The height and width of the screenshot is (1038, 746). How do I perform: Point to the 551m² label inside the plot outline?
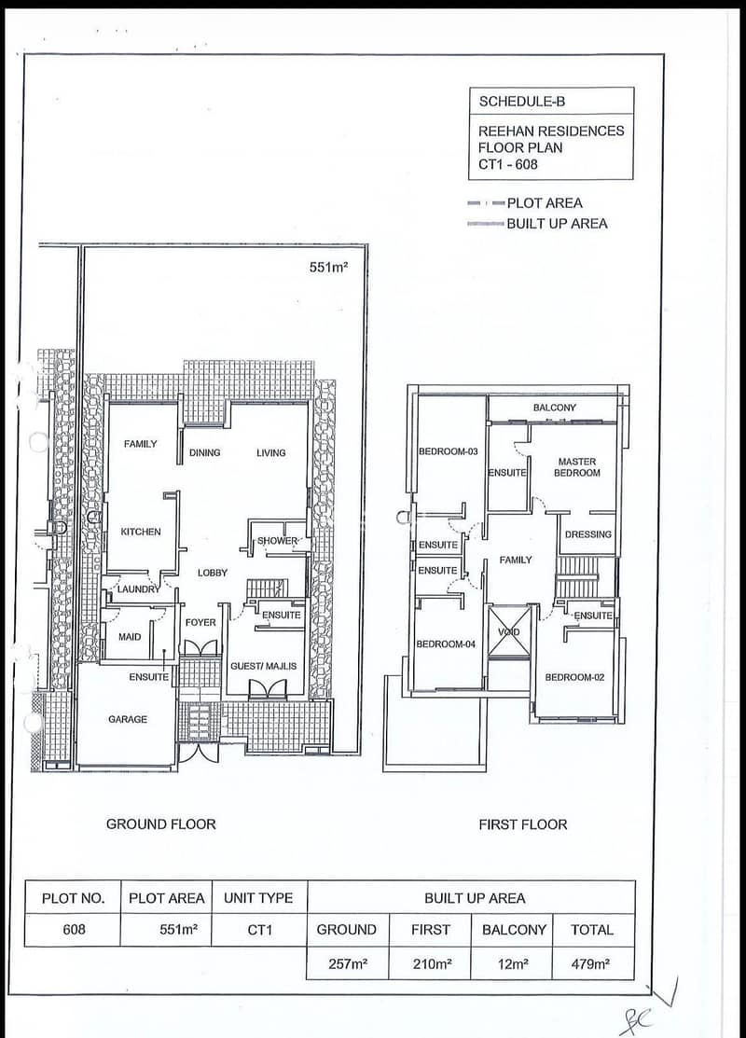point(328,268)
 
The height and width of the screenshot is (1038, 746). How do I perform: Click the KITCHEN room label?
point(140,532)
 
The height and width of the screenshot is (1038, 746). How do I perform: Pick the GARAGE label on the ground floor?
point(128,719)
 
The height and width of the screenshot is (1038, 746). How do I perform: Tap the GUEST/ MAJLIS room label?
point(264,666)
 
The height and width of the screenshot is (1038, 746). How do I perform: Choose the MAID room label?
point(130,637)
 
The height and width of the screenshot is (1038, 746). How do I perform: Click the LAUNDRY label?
point(138,589)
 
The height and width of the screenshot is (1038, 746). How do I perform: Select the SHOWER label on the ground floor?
point(277,540)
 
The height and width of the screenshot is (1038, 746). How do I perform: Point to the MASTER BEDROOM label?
point(577,467)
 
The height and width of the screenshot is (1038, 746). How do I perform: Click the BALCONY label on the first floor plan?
point(555,408)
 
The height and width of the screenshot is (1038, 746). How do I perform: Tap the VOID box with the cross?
point(509,632)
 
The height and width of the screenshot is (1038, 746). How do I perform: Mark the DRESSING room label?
point(588,534)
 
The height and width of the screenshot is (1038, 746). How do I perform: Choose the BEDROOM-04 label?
point(446,644)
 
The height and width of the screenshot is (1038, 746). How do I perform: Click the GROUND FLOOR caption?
point(160,824)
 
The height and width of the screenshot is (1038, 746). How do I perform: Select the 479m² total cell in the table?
point(590,964)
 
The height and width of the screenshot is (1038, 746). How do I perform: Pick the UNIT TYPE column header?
point(258,898)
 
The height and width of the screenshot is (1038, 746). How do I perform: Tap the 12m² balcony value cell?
point(513,964)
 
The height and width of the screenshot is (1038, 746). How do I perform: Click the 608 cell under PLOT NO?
point(74,930)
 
